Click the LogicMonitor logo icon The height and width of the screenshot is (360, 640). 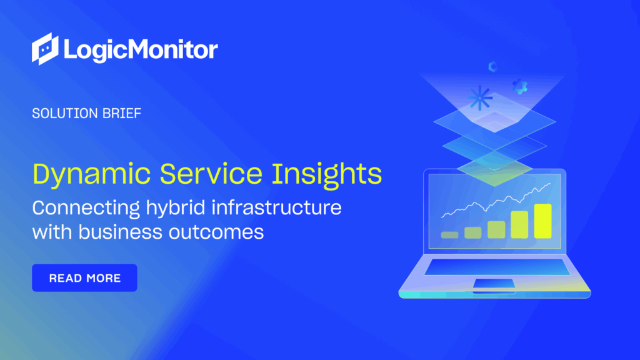pos(46,49)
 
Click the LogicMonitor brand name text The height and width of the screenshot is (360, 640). pos(140,49)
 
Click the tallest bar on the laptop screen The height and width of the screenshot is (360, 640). pos(542,221)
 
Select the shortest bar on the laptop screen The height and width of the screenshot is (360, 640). pos(449,235)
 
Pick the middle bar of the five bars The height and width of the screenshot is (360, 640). pos(496,229)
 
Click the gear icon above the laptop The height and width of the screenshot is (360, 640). pos(519,86)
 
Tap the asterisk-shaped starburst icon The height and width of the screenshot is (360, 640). pos(479,97)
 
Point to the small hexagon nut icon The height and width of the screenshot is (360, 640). pos(492,66)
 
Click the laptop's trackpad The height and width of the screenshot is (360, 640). pos(494,284)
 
